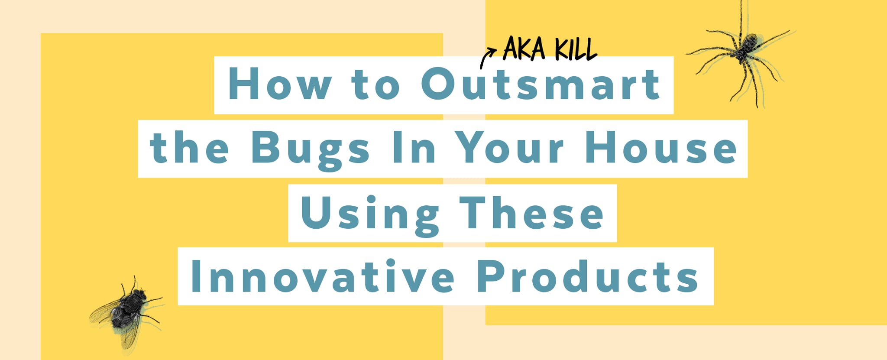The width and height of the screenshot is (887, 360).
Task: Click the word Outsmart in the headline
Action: [x=540, y=84]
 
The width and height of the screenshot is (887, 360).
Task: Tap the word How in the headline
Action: [x=280, y=84]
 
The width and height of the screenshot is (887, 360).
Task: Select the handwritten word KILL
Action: [x=576, y=49]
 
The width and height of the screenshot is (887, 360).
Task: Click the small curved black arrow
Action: [x=487, y=58]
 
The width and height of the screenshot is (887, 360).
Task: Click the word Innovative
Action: [x=323, y=276]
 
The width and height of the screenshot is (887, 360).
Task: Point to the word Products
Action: [x=588, y=276]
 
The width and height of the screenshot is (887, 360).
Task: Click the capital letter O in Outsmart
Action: [x=438, y=84]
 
